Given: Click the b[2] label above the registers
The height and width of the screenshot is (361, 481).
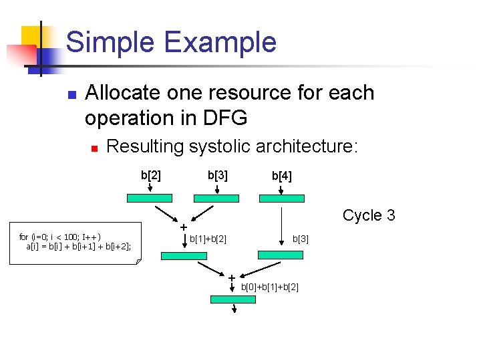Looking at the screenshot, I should (150, 176).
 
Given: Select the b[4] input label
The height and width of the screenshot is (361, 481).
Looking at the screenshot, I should (281, 176).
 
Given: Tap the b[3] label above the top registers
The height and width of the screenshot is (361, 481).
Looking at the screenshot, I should (217, 176).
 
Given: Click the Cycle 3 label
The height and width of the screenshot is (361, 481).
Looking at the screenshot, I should (369, 215).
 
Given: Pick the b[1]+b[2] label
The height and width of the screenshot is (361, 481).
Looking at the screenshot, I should (208, 239).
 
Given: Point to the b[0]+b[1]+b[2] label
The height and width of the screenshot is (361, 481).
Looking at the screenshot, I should (270, 287).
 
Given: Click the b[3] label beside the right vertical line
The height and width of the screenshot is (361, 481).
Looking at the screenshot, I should (301, 239).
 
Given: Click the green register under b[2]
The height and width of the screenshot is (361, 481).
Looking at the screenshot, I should (150, 199).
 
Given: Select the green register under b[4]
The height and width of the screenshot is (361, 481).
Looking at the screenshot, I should (281, 199).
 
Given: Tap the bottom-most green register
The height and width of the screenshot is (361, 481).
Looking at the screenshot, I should (233, 299).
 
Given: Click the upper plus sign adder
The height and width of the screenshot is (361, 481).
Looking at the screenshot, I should (182, 227).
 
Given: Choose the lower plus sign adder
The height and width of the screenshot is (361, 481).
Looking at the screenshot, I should (231, 277).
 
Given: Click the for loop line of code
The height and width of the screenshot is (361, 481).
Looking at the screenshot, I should (60, 237).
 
